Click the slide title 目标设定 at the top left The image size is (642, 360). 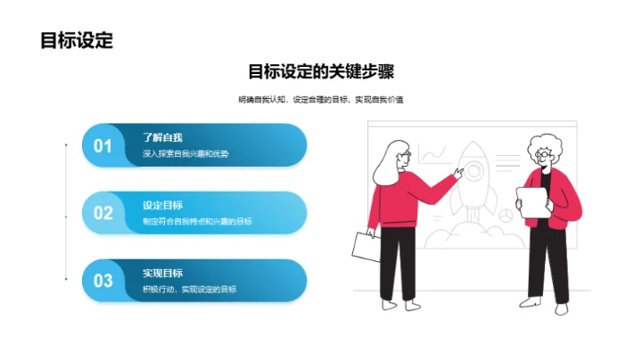[x=77, y=40]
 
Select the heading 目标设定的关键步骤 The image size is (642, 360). [x=320, y=72]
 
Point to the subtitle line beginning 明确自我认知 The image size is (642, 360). [x=320, y=100]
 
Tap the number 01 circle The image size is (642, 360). [x=103, y=146]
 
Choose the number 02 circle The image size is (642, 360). [x=103, y=213]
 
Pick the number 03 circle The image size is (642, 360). [x=103, y=281]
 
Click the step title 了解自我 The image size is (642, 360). [x=162, y=138]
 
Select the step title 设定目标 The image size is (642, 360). [x=162, y=205]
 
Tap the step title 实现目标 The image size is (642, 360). [x=162, y=273]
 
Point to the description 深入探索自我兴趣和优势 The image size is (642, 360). [x=185, y=154]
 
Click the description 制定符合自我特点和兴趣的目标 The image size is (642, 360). [x=197, y=221]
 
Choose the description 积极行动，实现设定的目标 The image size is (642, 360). [x=189, y=289]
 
